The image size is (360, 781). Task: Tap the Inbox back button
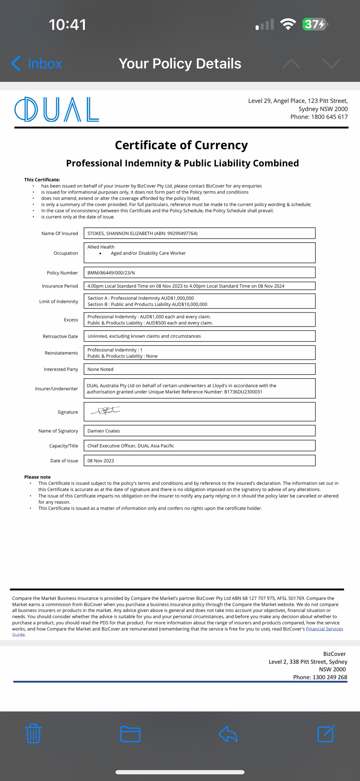[37, 64]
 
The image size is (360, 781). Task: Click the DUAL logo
[57, 109]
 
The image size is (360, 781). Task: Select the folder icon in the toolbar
[130, 734]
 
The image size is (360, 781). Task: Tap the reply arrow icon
[228, 734]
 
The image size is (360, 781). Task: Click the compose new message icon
[326, 734]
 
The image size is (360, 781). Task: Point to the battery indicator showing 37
[315, 24]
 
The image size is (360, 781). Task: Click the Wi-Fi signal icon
[288, 24]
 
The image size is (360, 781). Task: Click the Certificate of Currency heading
[181, 145]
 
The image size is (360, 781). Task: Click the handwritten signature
[106, 411]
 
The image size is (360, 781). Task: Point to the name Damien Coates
[104, 431]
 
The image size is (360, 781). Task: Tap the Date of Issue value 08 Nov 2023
[101, 461]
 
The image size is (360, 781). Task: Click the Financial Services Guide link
[324, 629]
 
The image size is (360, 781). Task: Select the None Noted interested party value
[100, 369]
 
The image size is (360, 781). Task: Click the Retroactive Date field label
[60, 337]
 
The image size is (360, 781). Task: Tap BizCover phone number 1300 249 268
[330, 677]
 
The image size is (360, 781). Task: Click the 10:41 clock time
[68, 25]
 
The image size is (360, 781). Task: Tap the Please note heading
[37, 477]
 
